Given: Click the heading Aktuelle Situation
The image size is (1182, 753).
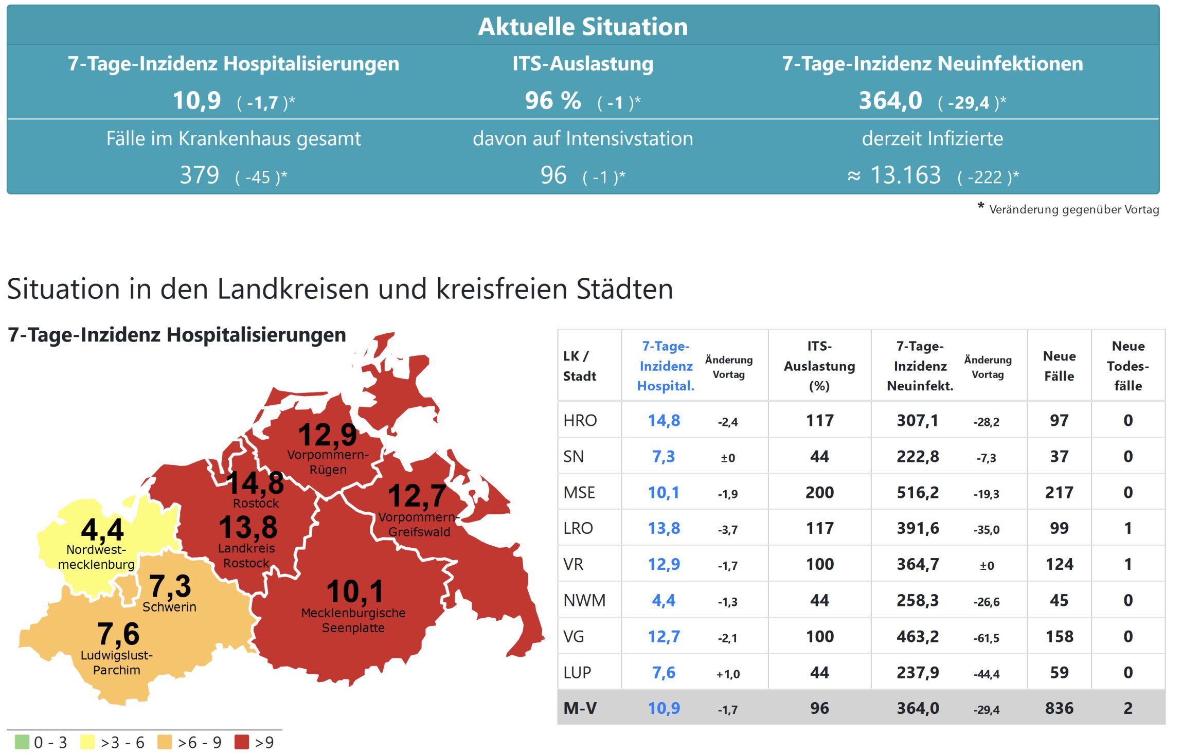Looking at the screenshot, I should click(582, 27).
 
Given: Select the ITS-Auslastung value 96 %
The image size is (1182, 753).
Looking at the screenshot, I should click(553, 100).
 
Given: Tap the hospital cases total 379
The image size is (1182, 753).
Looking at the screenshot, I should click(200, 175).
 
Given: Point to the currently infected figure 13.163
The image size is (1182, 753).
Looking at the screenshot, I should click(905, 175).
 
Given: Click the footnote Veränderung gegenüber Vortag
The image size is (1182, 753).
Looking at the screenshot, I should click(1073, 209).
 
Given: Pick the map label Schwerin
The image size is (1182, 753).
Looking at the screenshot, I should click(169, 607).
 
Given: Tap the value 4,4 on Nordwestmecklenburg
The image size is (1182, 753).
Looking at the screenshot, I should click(102, 529).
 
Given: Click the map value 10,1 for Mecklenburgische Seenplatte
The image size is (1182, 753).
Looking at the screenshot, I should click(355, 591).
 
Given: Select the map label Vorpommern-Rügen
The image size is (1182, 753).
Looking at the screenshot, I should click(328, 462).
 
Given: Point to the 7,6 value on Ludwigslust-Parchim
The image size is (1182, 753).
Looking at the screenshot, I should click(118, 633).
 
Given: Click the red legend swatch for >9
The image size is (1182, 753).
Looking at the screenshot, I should click(241, 742).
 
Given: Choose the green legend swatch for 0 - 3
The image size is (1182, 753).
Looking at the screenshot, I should click(22, 742).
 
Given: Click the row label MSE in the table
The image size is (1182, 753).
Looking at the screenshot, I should click(579, 492).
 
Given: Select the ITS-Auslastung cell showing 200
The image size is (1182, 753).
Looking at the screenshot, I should click(819, 492).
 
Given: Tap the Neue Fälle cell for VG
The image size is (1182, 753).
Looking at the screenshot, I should click(1059, 636).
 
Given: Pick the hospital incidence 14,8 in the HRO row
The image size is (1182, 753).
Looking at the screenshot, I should click(664, 420).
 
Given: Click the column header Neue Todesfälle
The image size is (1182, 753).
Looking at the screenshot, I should click(1127, 366).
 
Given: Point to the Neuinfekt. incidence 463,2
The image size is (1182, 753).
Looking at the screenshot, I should click(918, 636).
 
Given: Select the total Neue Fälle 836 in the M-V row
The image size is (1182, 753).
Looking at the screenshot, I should click(1059, 708).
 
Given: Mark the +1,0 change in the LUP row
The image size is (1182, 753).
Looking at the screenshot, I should click(728, 674).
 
